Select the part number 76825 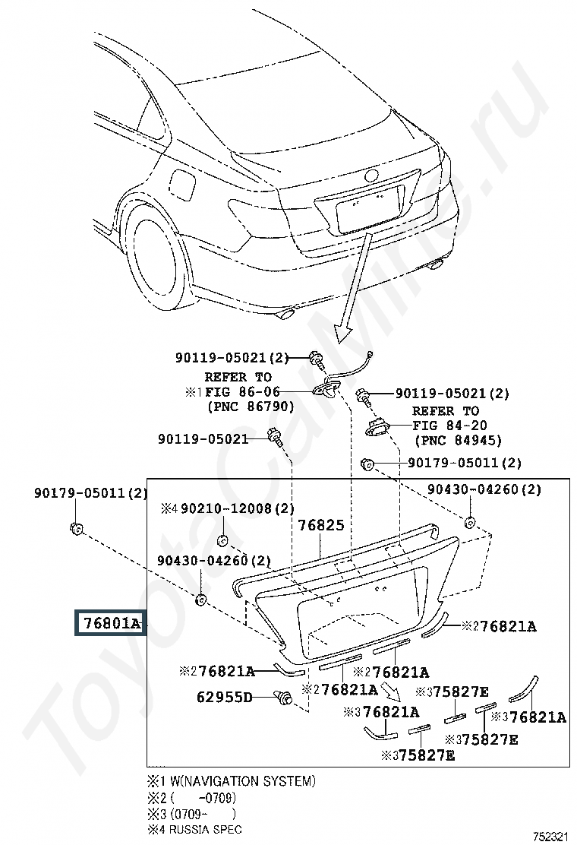click(320, 525)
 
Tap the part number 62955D click(224, 696)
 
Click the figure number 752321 click(549, 836)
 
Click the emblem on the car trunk click(372, 176)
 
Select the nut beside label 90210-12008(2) click(222, 540)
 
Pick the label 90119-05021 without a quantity click(203, 438)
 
